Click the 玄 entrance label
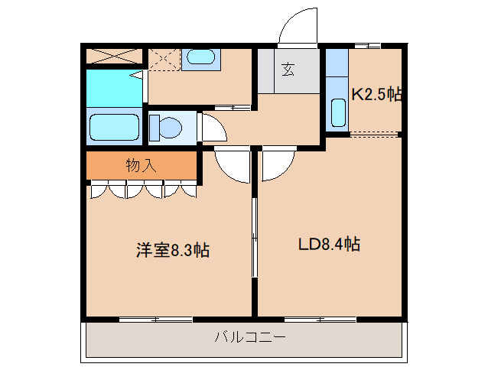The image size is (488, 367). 288,70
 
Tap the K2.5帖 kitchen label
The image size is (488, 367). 376,95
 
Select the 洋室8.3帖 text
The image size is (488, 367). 173,250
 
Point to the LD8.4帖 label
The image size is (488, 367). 329,245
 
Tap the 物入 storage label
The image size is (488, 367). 141,165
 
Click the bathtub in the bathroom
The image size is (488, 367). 114,128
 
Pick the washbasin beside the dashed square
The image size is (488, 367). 201,58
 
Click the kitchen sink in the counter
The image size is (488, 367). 337,112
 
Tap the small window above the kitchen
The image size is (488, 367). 373,46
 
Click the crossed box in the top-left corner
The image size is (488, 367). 114,57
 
